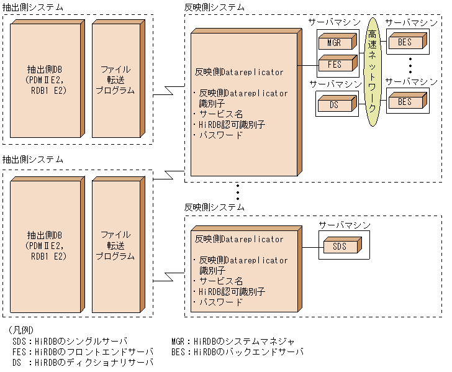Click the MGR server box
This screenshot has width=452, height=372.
(x=334, y=43)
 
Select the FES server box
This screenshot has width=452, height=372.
(x=334, y=64)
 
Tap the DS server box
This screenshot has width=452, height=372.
(x=334, y=105)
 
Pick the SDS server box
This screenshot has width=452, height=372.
(x=339, y=247)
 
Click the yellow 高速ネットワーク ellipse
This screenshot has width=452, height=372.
(x=372, y=72)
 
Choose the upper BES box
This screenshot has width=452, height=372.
(x=405, y=43)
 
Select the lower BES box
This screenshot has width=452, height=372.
(x=405, y=102)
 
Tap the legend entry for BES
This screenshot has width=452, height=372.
(x=237, y=352)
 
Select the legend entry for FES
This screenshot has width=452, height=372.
(x=82, y=352)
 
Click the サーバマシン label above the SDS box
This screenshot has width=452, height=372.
(x=345, y=224)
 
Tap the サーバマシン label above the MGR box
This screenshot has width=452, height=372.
(x=335, y=22)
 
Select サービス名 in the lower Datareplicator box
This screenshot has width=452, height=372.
(x=220, y=281)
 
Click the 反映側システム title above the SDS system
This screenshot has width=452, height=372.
(x=214, y=206)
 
